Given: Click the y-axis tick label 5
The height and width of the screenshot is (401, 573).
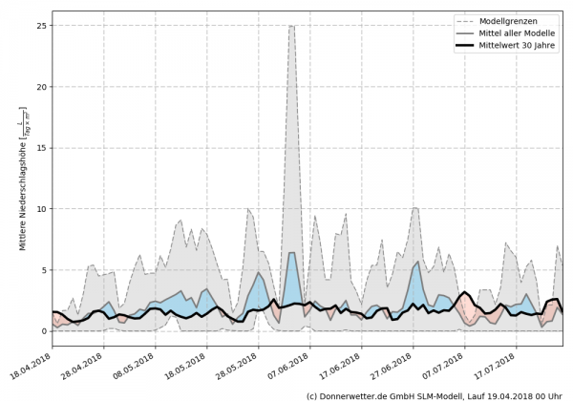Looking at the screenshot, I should [43, 270].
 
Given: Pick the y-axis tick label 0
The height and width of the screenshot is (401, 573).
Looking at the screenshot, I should [43, 331].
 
